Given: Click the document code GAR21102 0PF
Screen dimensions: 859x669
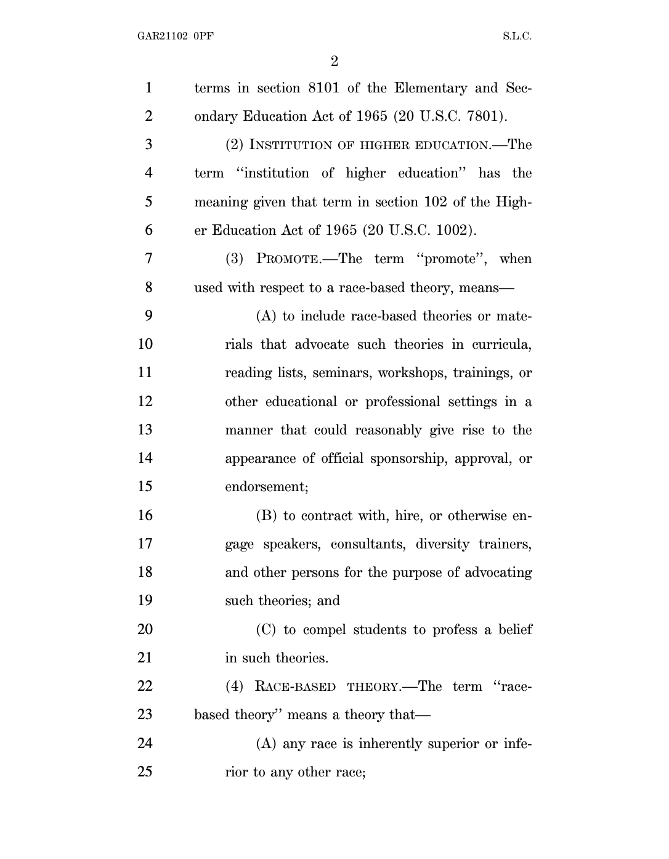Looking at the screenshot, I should point(175,36).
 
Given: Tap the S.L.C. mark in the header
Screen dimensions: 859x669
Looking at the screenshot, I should point(517,36).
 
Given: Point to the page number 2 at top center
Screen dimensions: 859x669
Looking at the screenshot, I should point(334,61).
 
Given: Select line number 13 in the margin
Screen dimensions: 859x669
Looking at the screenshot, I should point(145,429).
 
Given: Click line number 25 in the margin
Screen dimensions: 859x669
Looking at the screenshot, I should point(145,771).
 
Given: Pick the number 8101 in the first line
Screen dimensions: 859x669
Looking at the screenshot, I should point(319,88).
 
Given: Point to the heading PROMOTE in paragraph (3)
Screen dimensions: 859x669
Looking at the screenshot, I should point(287,259).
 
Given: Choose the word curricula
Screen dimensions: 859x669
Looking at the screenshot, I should point(501,344).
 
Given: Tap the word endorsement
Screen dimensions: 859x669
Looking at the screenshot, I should point(266,487).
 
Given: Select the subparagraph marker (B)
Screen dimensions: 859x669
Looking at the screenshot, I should point(266,516).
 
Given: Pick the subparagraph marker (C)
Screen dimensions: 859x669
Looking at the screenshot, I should point(266,630).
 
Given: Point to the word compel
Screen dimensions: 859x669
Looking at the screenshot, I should point(323,630).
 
